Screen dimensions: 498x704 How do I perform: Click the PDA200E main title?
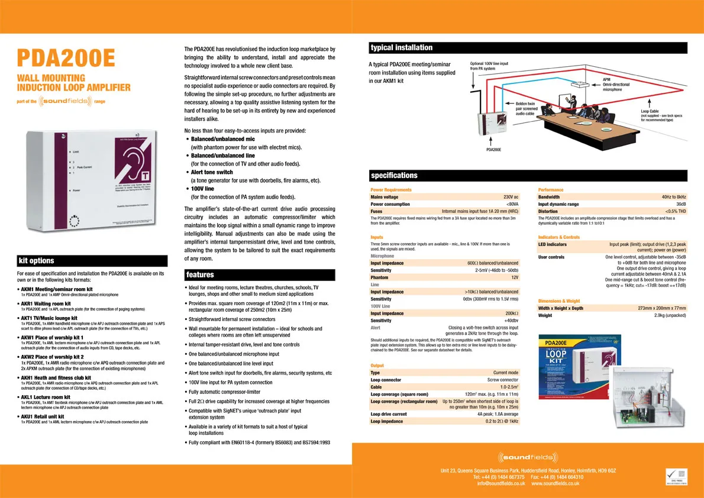(x=66, y=59)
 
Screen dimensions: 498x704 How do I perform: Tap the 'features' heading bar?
(x=260, y=274)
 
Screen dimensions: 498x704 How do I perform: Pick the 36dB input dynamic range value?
(x=680, y=204)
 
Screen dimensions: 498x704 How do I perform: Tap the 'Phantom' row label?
(x=379, y=277)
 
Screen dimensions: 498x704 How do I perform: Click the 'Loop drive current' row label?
(x=389, y=414)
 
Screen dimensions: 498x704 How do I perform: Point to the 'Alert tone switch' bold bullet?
(x=212, y=172)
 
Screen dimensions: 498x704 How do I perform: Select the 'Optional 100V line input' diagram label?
(x=489, y=63)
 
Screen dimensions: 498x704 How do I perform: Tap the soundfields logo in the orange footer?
(x=528, y=457)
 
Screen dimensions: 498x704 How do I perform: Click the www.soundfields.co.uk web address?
(x=556, y=484)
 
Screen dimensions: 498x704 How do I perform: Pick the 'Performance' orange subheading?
(x=551, y=190)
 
